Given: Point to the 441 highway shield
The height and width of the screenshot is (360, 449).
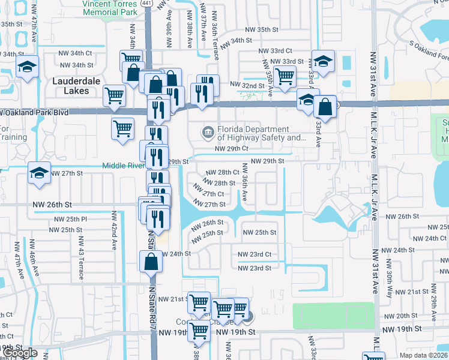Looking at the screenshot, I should pos(148,3).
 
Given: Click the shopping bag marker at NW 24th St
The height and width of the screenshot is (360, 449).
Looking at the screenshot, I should pos(150,262).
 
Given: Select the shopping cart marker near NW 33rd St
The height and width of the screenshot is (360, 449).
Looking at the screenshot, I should pos(284,76).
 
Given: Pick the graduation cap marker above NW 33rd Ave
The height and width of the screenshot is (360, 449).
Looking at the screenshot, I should pos(323,62).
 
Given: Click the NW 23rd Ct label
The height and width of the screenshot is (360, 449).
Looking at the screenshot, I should pos(255,254).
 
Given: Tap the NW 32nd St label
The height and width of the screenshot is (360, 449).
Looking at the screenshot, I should pos(247,86).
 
